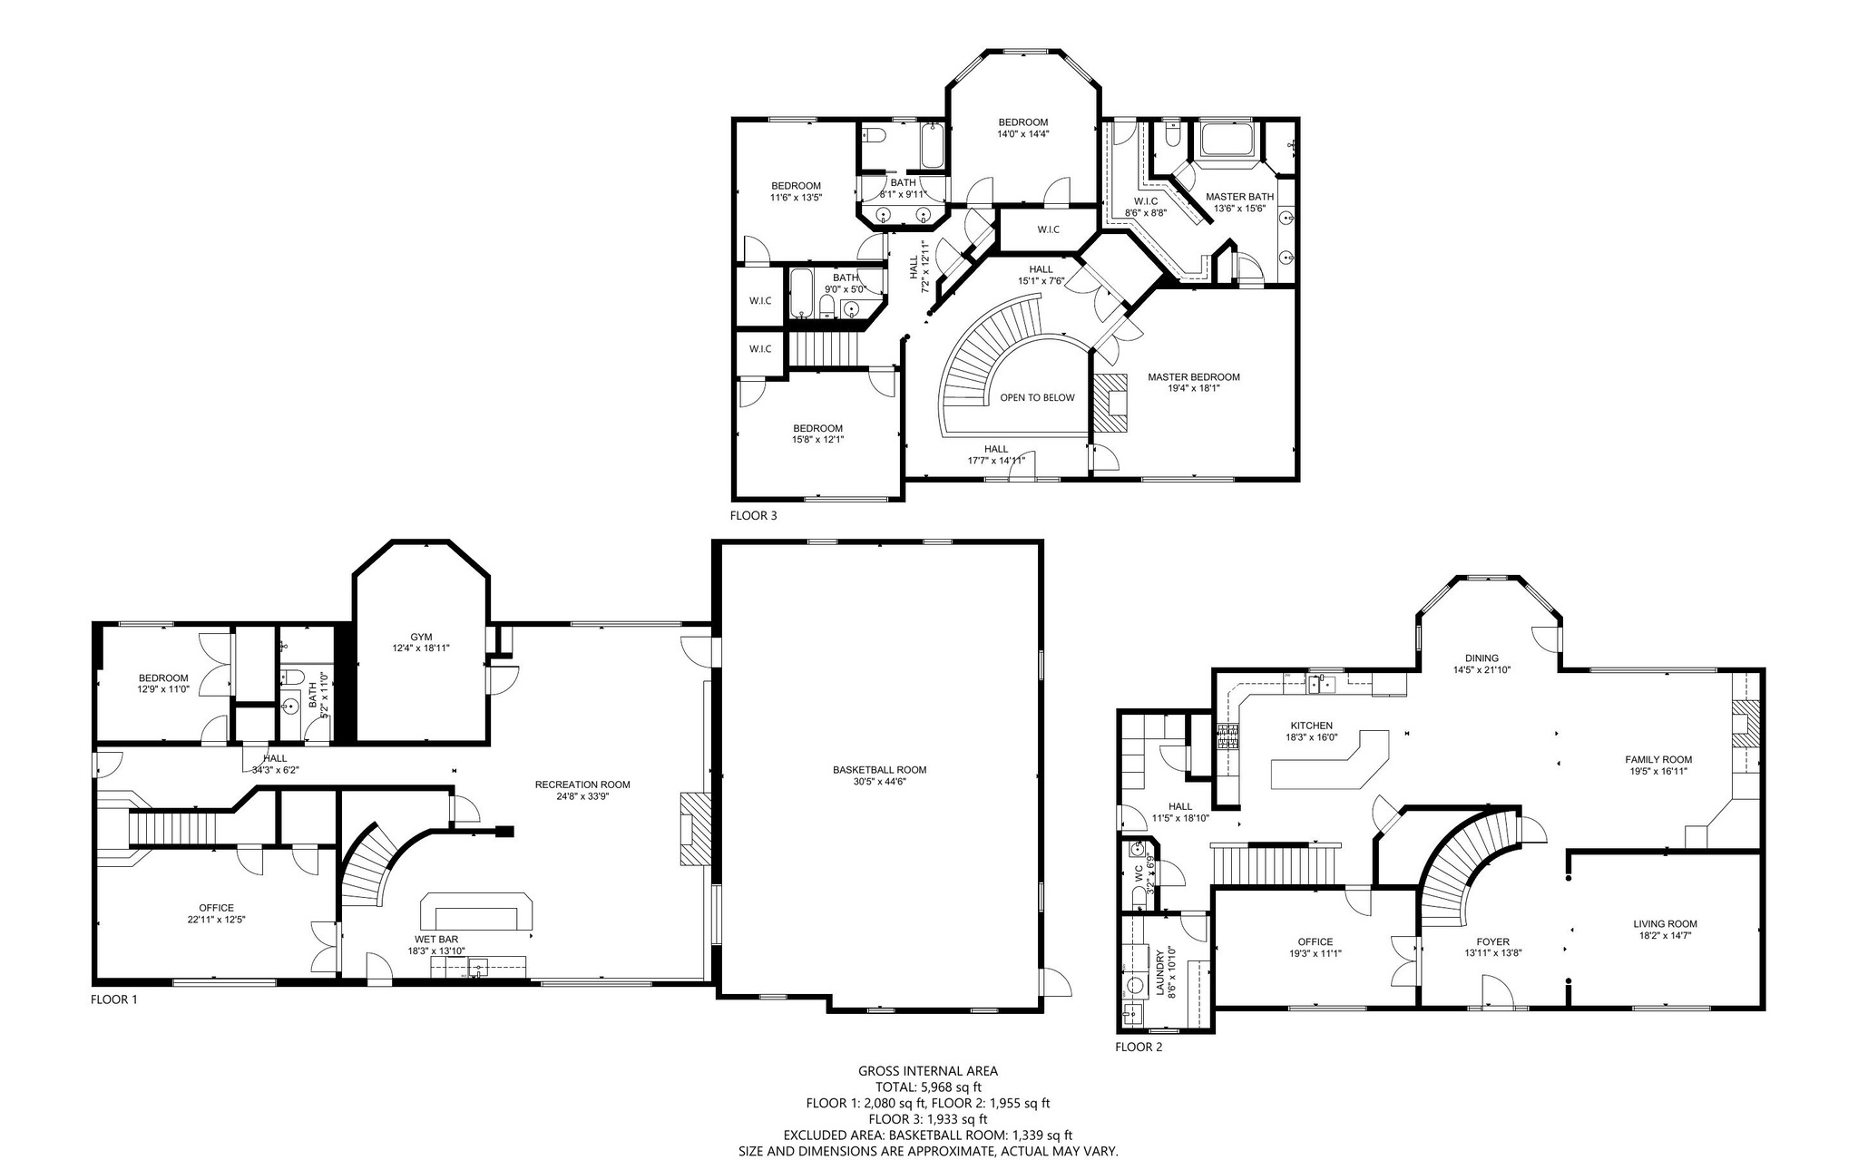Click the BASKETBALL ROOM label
click(879, 770)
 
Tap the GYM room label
click(421, 637)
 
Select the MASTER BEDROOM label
click(1193, 377)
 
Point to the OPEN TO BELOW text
click(1037, 398)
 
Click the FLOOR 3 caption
click(753, 516)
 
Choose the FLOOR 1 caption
click(113, 1000)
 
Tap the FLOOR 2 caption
click(1139, 1047)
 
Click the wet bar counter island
click(476, 910)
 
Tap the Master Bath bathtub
click(1227, 141)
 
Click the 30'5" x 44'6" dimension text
click(879, 781)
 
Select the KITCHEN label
click(1312, 726)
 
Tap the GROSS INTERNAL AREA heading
click(928, 1071)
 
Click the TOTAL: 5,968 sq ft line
click(928, 1087)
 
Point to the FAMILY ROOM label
click(1658, 760)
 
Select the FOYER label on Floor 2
click(1492, 942)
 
